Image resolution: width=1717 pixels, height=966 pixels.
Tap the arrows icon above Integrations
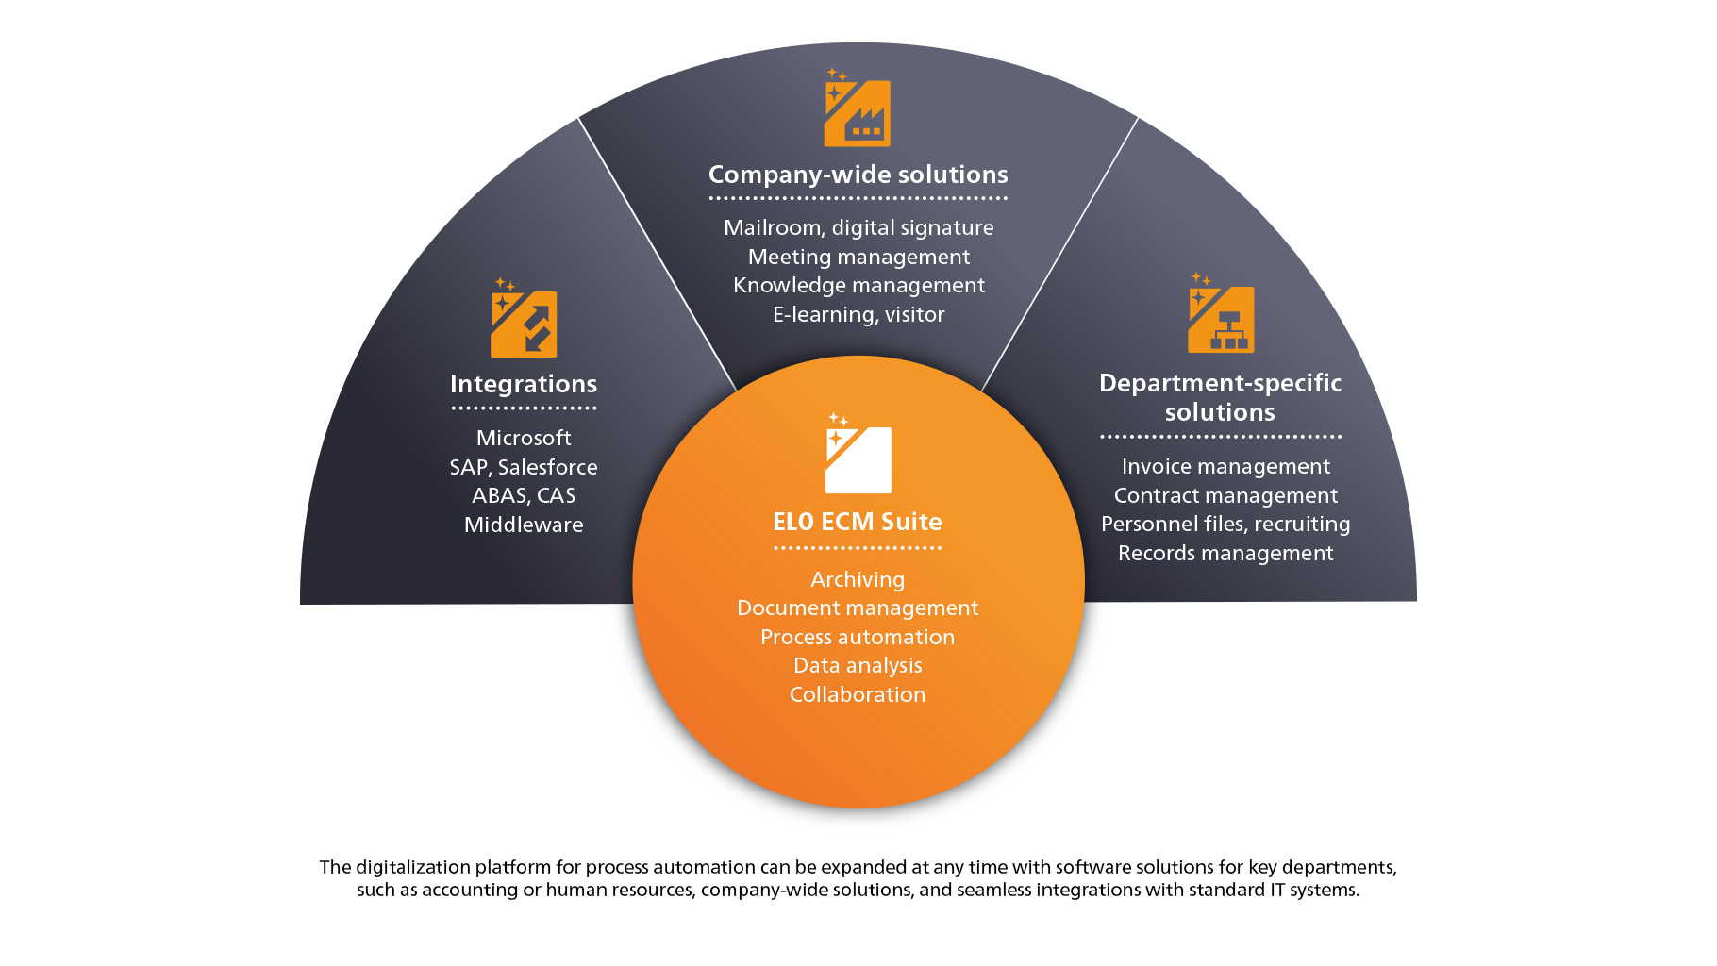[x=524, y=324]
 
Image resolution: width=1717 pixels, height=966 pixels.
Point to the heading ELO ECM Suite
[x=858, y=522]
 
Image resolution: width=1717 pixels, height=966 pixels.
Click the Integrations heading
[x=524, y=384]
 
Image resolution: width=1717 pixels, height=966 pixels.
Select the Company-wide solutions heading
[x=858, y=175]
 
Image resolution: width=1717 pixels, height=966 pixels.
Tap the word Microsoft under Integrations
[x=524, y=438]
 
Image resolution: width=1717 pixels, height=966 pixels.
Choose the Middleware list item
[x=524, y=525]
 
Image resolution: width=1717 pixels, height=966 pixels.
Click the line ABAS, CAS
[x=524, y=495]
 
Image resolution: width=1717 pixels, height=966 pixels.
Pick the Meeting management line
[x=858, y=257]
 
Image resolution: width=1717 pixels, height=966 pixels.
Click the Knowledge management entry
[x=858, y=285]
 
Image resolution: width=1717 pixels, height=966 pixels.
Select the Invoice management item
[x=1225, y=466]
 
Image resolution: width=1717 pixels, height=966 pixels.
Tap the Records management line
[x=1225, y=553]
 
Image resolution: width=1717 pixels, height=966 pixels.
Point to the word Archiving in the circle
[x=858, y=579]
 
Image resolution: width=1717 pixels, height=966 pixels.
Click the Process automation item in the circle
[x=858, y=637]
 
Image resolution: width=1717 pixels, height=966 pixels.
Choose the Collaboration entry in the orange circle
[x=858, y=694]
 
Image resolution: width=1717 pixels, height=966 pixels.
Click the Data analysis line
[x=858, y=665]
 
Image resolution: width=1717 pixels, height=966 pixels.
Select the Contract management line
[x=1225, y=495]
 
